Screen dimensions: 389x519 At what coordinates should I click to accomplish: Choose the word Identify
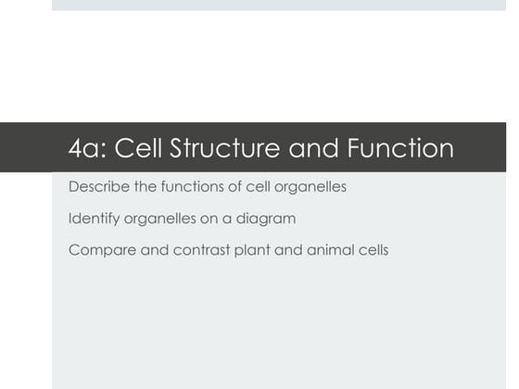coord(93,219)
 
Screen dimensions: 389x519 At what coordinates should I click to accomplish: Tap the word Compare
coord(97,250)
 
